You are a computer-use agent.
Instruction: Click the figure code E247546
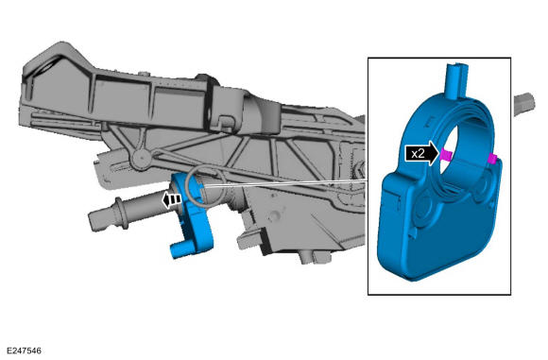click(x=24, y=351)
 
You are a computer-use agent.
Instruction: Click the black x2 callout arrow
click(x=421, y=153)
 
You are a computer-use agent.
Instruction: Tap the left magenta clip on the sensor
click(x=446, y=154)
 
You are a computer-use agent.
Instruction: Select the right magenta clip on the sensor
click(x=493, y=159)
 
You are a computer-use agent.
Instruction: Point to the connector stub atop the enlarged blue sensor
click(x=456, y=81)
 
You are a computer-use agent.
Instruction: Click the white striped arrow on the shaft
click(x=172, y=199)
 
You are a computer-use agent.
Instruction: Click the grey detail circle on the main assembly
click(x=200, y=185)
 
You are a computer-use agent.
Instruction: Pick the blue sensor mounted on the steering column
click(x=192, y=216)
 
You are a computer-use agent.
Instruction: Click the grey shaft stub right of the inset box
click(x=524, y=103)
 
